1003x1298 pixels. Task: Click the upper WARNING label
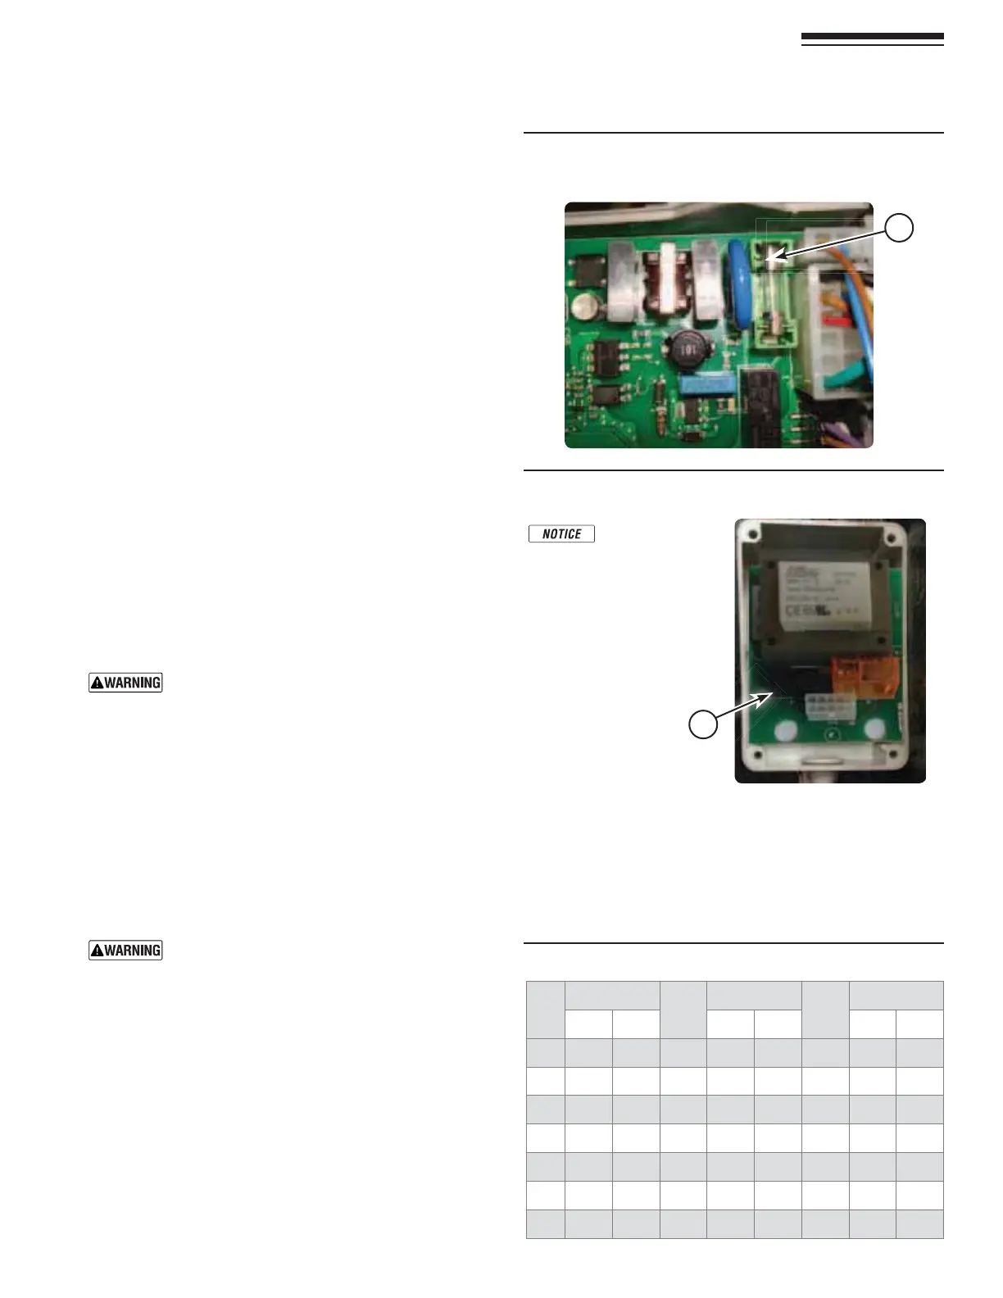125,682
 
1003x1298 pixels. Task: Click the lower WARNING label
125,950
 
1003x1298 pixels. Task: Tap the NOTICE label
561,533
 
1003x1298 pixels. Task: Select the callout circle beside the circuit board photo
900,228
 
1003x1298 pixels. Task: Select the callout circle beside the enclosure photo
703,724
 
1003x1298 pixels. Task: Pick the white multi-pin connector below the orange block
829,707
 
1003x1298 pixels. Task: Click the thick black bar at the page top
872,38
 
